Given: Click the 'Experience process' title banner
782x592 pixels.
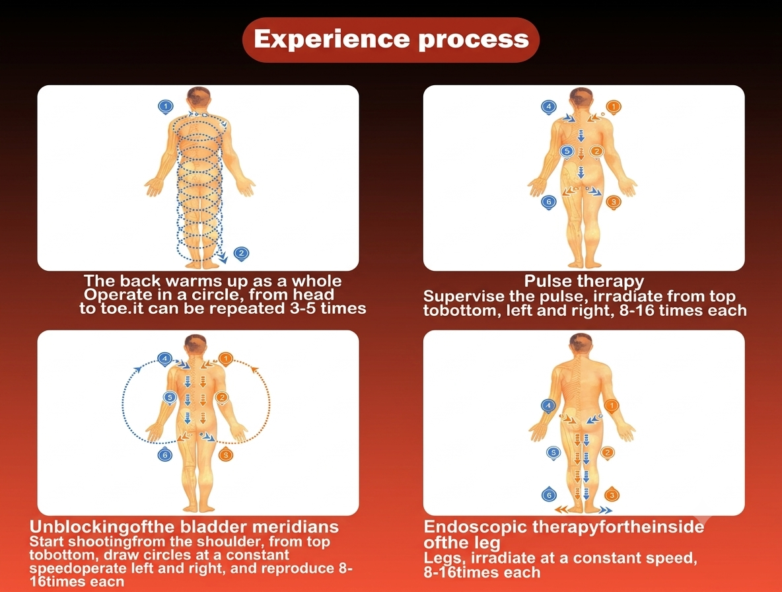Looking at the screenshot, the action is (391, 40).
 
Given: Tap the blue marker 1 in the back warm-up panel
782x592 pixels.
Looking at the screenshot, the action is (166, 107).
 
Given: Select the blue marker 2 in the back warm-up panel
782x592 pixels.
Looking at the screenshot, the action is (241, 253).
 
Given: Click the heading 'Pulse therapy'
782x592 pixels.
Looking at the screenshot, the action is (584, 281).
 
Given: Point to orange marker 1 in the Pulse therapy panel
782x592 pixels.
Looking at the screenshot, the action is (614, 107).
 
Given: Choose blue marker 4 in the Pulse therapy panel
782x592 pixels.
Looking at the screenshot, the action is (549, 107).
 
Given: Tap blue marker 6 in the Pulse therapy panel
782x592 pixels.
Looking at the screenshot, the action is (549, 202).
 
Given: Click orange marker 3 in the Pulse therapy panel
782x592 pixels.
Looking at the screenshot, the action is (614, 202).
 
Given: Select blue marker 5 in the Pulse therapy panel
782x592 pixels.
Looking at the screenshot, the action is (567, 151).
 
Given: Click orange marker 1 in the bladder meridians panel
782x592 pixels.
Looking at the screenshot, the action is (226, 359).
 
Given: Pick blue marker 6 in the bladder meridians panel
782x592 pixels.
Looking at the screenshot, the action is (165, 455).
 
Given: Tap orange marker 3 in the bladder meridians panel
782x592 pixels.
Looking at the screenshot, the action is (226, 455).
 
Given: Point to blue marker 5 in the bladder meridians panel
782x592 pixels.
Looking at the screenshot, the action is (170, 398).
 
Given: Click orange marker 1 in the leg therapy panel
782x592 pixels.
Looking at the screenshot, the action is (612, 406).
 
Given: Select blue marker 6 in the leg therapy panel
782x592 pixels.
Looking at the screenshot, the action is (549, 495).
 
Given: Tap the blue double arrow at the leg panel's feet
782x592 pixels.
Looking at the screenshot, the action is (606, 510).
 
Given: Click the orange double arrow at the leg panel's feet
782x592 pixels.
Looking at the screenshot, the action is (561, 509).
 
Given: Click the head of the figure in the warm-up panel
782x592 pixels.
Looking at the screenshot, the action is (198, 98).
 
